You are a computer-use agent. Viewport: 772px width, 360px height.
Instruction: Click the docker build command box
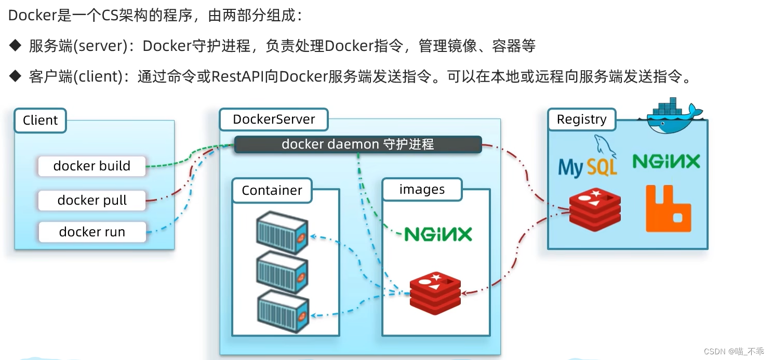[x=92, y=166]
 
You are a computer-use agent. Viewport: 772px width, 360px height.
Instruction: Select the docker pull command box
[x=92, y=201]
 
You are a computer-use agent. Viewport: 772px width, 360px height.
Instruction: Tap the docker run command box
[x=92, y=232]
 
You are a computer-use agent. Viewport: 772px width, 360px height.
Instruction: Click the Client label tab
[x=41, y=121]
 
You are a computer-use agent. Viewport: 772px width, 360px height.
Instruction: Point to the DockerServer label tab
[x=274, y=119]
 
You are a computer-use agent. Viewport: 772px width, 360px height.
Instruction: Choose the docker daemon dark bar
[x=357, y=144]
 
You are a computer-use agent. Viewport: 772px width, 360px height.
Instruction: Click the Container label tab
[x=272, y=191]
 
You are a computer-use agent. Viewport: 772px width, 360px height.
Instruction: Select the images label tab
[x=422, y=190]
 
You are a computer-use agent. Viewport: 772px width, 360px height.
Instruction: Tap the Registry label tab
[x=581, y=119]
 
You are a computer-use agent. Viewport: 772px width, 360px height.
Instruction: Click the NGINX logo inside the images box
[x=438, y=234]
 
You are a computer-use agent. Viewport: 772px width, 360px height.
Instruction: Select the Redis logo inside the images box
[x=435, y=292]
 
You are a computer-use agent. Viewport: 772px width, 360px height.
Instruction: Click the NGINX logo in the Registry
[x=666, y=162]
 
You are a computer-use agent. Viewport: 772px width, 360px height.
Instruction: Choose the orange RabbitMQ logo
[x=668, y=208]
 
